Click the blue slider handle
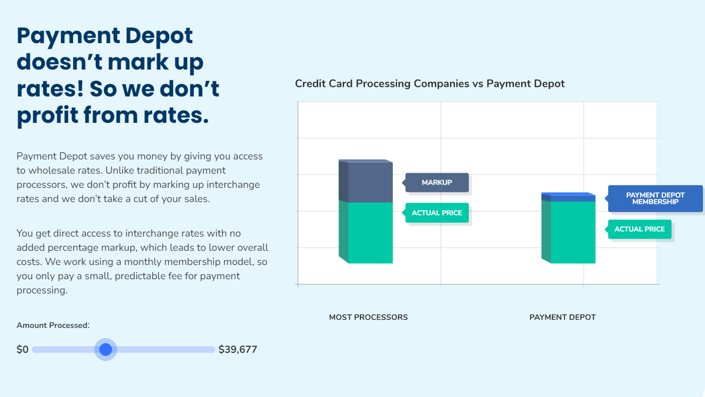tap(105, 349)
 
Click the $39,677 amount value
tap(238, 349)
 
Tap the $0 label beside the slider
tap(22, 349)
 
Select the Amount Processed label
tap(53, 325)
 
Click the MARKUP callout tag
tap(437, 182)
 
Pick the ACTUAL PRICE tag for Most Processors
tap(437, 213)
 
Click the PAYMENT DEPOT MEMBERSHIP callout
tap(655, 198)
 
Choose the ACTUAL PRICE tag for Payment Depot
tap(639, 229)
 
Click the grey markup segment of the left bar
tap(370, 182)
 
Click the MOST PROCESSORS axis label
tap(368, 317)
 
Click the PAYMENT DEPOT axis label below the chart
tap(563, 317)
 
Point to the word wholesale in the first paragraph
tap(50, 171)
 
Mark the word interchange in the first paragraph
tap(235, 185)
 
